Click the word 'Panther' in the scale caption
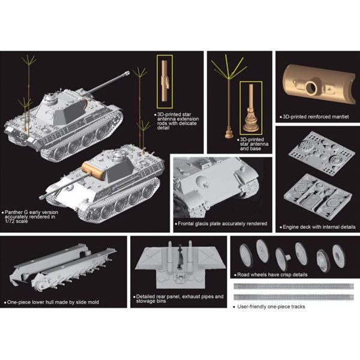pos(14,212)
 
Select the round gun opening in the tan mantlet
pos(311,87)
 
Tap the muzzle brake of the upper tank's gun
pos(127,73)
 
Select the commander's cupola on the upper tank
pos(50,98)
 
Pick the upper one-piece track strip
pos(293,286)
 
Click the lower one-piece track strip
pos(293,298)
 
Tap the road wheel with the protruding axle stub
pos(283,259)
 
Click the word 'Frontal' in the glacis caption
pos(186,224)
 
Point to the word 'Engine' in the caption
pos(290,227)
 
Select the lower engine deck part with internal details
pos(318,197)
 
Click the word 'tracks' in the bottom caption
pos(298,307)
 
